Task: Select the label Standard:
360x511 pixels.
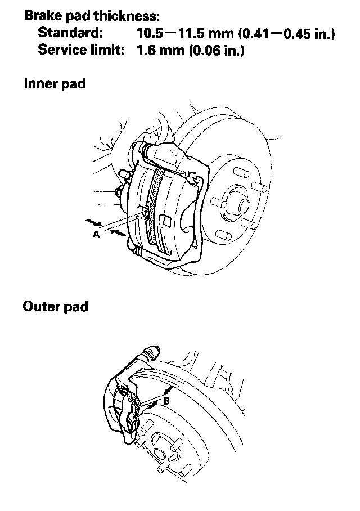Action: pos(70,34)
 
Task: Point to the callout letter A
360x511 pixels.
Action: pos(96,235)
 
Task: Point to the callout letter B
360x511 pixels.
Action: pos(166,401)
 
